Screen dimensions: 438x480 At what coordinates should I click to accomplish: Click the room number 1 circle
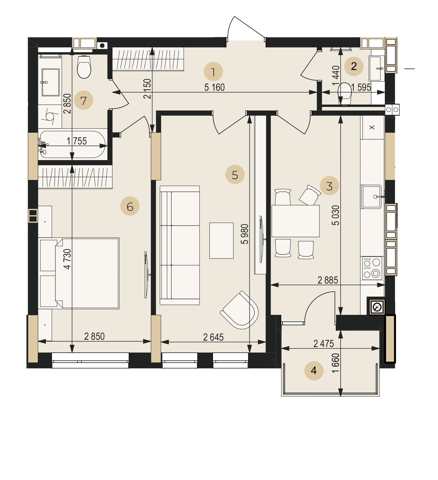[x=213, y=72]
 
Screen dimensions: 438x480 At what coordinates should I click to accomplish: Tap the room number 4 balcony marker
[x=314, y=371]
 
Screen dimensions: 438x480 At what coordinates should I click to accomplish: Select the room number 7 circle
[x=84, y=100]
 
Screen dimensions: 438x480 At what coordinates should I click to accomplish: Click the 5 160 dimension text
[x=214, y=87]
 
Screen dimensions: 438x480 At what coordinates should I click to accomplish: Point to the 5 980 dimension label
[x=245, y=234]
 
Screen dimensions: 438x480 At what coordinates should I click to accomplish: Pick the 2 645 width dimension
[x=213, y=337]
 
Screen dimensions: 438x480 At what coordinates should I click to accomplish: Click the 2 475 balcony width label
[x=324, y=343]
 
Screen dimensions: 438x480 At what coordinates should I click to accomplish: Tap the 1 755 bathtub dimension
[x=77, y=141]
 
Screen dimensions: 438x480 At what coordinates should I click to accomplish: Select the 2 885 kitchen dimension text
[x=328, y=280]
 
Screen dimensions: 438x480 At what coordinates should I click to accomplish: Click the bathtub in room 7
[x=72, y=144]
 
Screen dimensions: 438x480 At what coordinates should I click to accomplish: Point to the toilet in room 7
[x=84, y=67]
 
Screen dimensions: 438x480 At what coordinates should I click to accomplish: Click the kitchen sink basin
[x=371, y=196]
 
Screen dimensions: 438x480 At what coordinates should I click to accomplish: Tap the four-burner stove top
[x=372, y=268]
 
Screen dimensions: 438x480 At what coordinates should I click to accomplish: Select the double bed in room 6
[x=79, y=273]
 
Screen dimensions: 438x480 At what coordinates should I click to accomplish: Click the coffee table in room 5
[x=221, y=240]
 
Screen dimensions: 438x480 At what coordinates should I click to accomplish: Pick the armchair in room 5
[x=240, y=310]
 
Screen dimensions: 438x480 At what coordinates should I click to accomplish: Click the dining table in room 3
[x=296, y=221]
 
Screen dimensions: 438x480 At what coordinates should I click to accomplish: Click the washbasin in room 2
[x=376, y=68]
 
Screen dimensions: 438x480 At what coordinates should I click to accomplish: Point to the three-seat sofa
[x=180, y=245]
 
